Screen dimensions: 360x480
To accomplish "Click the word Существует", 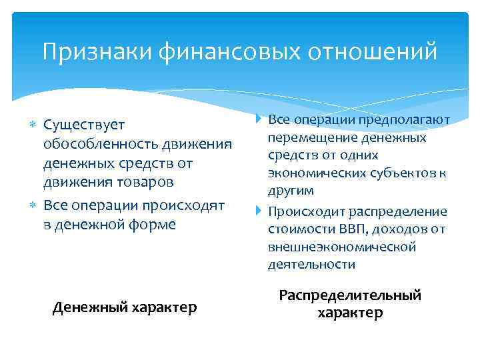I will click(x=84, y=125).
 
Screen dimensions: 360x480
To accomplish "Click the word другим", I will click(x=291, y=191).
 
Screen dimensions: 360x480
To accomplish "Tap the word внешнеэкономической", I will click(x=342, y=247).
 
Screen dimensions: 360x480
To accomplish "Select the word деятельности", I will click(x=311, y=265).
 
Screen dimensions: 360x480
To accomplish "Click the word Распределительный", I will click(x=350, y=295).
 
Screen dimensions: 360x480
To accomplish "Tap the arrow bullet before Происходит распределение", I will click(x=259, y=212).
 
